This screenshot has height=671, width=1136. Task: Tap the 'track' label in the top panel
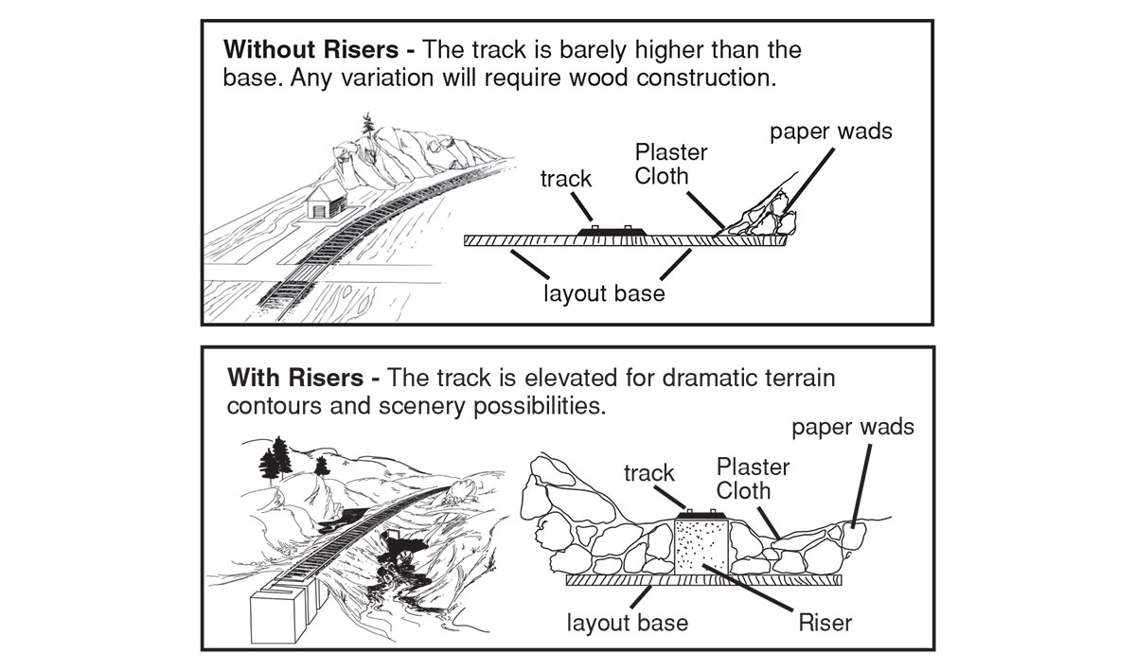tap(567, 178)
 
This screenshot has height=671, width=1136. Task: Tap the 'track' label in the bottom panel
tap(650, 472)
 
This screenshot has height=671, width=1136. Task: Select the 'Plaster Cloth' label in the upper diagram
tap(671, 163)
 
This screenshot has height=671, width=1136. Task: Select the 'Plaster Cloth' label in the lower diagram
tap(753, 478)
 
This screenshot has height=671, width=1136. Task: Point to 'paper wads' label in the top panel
tap(830, 131)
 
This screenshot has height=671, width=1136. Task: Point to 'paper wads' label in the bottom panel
tap(854, 427)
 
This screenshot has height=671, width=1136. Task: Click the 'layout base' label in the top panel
tap(604, 292)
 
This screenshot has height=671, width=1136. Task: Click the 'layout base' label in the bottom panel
tap(628, 623)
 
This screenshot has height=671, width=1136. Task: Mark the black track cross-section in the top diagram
tap(610, 232)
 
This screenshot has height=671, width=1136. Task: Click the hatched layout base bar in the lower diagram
tap(705, 579)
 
